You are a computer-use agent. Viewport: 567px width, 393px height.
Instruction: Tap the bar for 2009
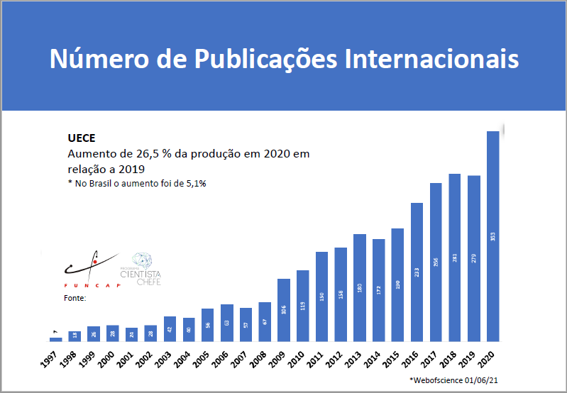284,309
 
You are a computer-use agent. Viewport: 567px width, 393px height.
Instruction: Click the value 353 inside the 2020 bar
492,236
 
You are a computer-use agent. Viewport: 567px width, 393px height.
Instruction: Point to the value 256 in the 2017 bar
436,261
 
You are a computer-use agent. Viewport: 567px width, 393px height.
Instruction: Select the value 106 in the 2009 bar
284,310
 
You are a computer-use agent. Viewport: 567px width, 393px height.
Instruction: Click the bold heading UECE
81,138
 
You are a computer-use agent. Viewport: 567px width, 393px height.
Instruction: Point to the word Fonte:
75,299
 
